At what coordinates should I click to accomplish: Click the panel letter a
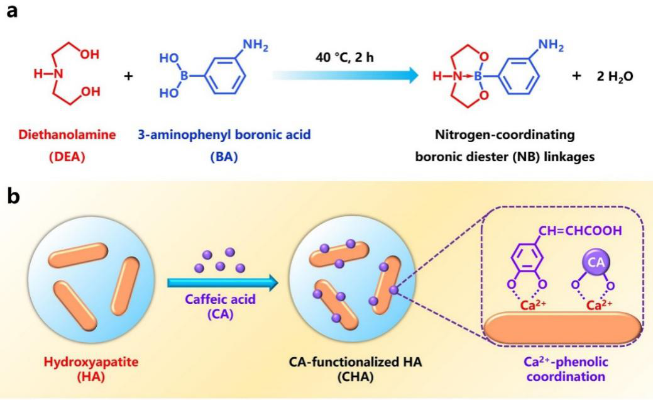(11, 12)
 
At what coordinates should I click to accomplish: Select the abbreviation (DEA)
(60, 155)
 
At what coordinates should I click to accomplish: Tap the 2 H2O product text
(615, 76)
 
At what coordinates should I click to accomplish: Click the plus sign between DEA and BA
(129, 76)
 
